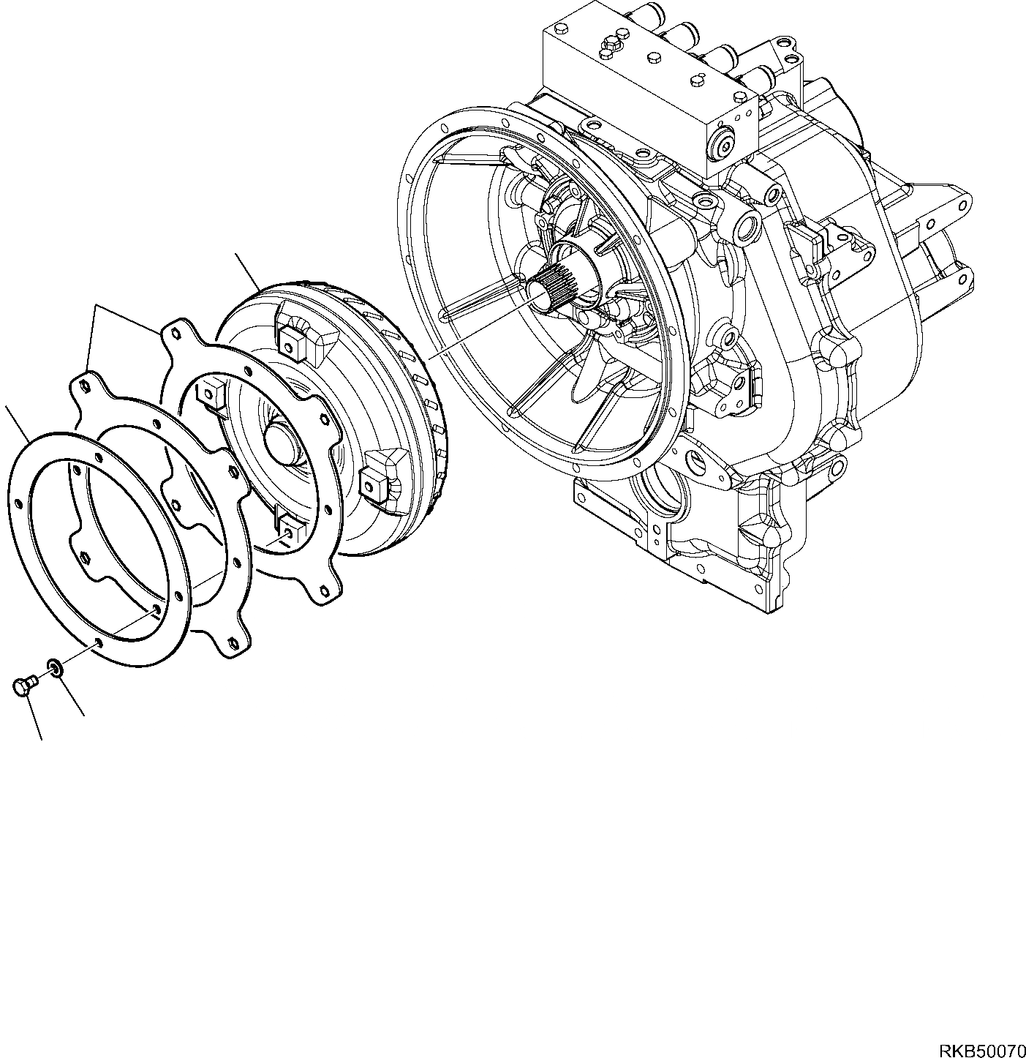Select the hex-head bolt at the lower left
click(x=23, y=686)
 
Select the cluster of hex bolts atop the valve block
click(x=610, y=44)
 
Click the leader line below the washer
click(x=72, y=696)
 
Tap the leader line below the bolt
click(x=34, y=716)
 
